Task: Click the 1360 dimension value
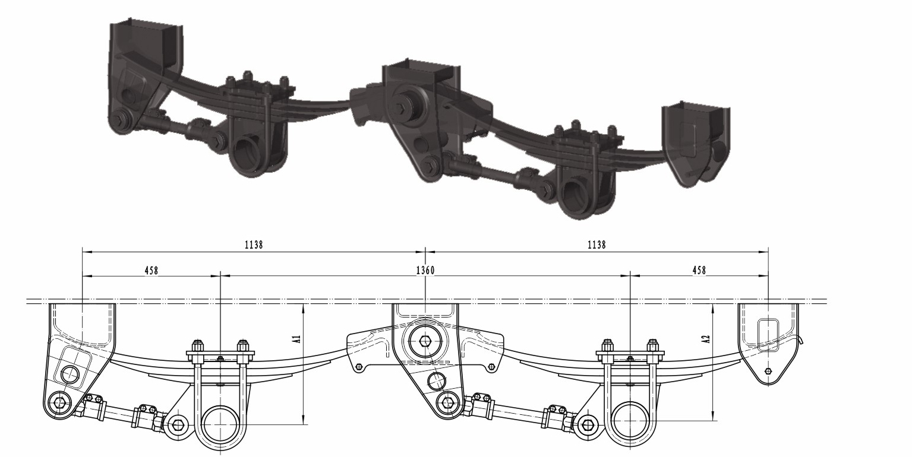425,270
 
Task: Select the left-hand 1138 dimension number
254,245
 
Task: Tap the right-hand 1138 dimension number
597,245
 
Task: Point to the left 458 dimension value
151,270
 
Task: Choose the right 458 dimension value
699,270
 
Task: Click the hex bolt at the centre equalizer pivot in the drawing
425,341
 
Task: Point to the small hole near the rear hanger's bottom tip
768,371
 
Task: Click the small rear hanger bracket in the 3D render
695,142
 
